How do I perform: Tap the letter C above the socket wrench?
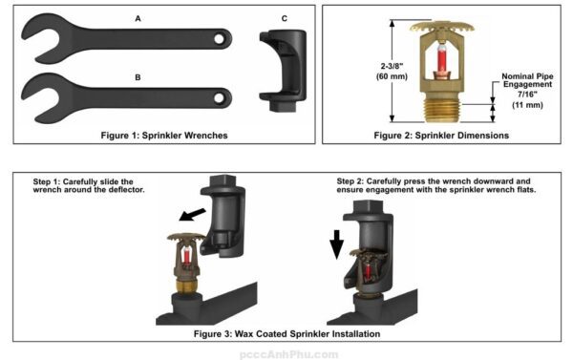click(284, 18)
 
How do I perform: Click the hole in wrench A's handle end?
click(219, 39)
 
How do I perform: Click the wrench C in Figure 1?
click(283, 73)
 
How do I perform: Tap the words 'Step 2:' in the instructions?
click(355, 180)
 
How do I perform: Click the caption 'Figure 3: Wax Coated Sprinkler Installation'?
click(286, 333)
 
